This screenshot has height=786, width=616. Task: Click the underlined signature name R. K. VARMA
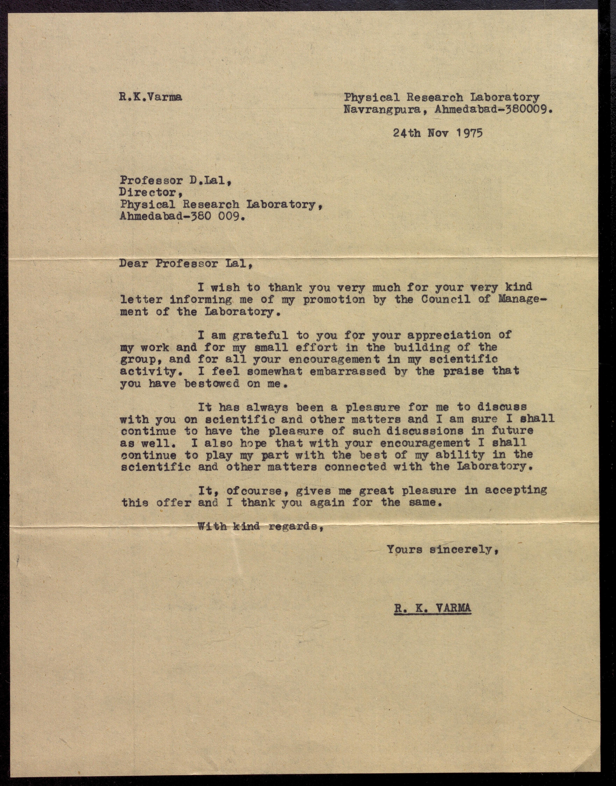coord(432,609)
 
